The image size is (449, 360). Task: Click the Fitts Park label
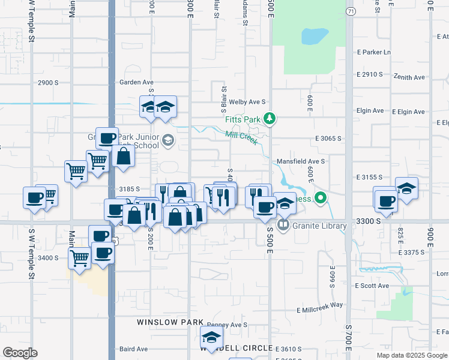pyautogui.click(x=243, y=119)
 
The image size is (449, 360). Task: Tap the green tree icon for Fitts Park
pyautogui.click(x=271, y=119)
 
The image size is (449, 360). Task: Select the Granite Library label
pyautogui.click(x=321, y=226)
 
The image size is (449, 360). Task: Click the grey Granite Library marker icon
pyautogui.click(x=283, y=226)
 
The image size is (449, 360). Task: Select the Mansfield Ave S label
pyautogui.click(x=301, y=161)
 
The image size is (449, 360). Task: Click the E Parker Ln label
pyautogui.click(x=373, y=52)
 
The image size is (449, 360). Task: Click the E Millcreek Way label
pyautogui.click(x=320, y=307)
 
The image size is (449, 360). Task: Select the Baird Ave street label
pyautogui.click(x=133, y=349)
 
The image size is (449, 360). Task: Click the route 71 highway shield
pyautogui.click(x=351, y=11)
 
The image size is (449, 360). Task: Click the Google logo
pyautogui.click(x=20, y=353)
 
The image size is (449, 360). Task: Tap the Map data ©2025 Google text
pyautogui.click(x=411, y=355)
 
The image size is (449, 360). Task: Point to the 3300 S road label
pyautogui.click(x=367, y=221)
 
